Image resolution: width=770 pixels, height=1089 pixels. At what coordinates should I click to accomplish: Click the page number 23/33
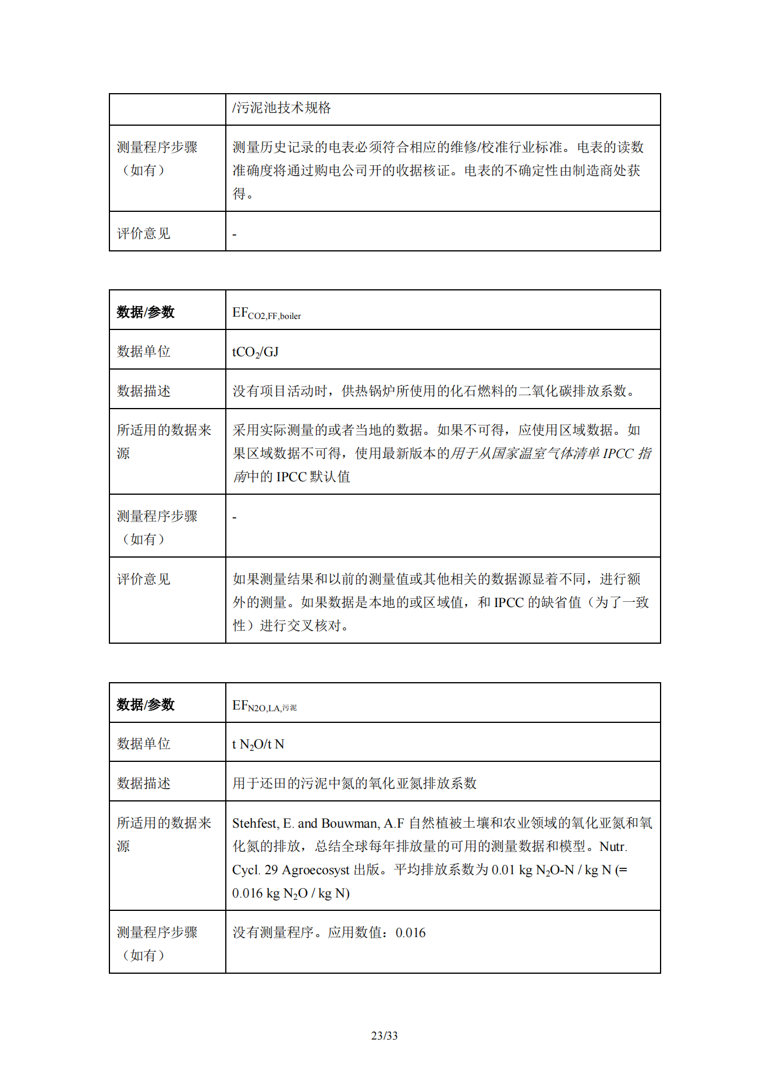tap(384, 1035)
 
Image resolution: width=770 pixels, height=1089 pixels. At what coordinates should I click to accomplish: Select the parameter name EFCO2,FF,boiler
tap(267, 313)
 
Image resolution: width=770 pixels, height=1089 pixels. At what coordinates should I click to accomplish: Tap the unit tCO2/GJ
tap(256, 352)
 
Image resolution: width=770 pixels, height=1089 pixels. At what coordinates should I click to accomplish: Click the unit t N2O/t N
tap(258, 744)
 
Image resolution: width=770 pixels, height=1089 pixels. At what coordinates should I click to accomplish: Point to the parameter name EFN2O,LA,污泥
tap(264, 706)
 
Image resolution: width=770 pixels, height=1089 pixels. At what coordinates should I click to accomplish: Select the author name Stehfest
tap(254, 823)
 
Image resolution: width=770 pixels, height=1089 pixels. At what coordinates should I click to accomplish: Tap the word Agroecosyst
tap(315, 870)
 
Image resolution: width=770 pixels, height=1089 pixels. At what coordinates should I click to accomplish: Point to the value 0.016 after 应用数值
tap(410, 932)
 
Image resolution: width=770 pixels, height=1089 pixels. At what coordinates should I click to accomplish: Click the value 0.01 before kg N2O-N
tap(503, 870)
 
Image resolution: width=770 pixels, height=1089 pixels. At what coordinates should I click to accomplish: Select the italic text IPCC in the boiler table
tap(618, 453)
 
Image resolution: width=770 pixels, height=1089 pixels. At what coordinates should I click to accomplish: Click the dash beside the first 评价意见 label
tap(235, 235)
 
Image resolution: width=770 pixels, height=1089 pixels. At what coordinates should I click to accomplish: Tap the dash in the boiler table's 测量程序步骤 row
tap(235, 517)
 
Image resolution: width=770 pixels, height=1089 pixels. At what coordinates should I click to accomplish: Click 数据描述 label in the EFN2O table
tap(143, 783)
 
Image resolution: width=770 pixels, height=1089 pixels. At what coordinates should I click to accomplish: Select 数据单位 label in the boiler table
tap(143, 351)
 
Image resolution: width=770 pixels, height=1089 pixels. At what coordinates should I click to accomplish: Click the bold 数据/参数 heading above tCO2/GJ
tap(146, 312)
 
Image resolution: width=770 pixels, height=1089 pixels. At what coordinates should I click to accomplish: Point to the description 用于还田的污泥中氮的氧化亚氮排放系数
tap(354, 783)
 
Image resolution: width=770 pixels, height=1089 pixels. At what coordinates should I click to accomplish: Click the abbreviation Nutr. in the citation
tap(613, 846)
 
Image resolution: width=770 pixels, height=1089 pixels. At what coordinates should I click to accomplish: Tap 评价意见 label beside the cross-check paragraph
tap(143, 579)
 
